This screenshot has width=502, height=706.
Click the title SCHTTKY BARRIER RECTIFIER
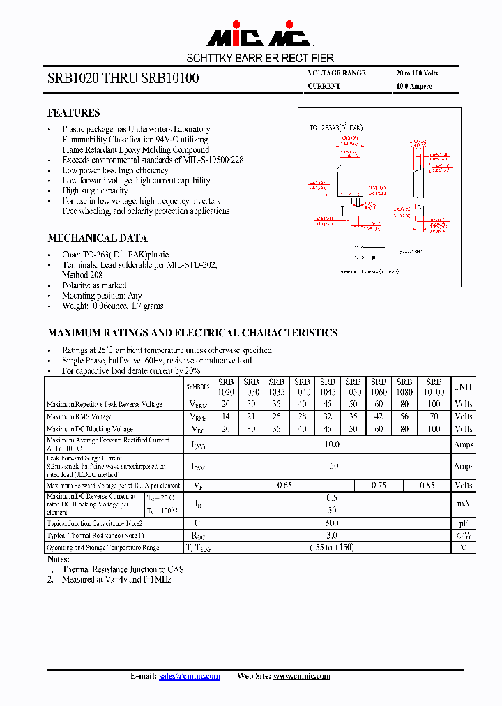(260, 58)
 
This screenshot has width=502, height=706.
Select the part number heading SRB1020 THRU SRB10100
(123, 79)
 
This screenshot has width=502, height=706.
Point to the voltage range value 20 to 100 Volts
(417, 73)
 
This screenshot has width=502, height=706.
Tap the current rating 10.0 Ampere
(414, 87)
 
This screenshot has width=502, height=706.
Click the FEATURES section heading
(73, 112)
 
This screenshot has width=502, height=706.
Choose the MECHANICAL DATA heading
(97, 238)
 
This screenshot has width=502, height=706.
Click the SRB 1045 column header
(328, 386)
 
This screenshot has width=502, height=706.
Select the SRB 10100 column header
(434, 386)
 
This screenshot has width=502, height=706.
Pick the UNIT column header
(463, 386)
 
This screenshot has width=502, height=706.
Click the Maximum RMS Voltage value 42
(379, 416)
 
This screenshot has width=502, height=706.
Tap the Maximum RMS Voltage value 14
(225, 416)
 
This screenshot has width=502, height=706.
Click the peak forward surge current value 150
(332, 465)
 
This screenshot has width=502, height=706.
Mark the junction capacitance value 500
(332, 523)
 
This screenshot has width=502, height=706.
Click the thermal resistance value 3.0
(332, 535)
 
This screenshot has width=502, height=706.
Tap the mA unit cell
(463, 504)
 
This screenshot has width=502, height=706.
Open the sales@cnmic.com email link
(189, 676)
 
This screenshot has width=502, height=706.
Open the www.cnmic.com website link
(301, 676)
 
